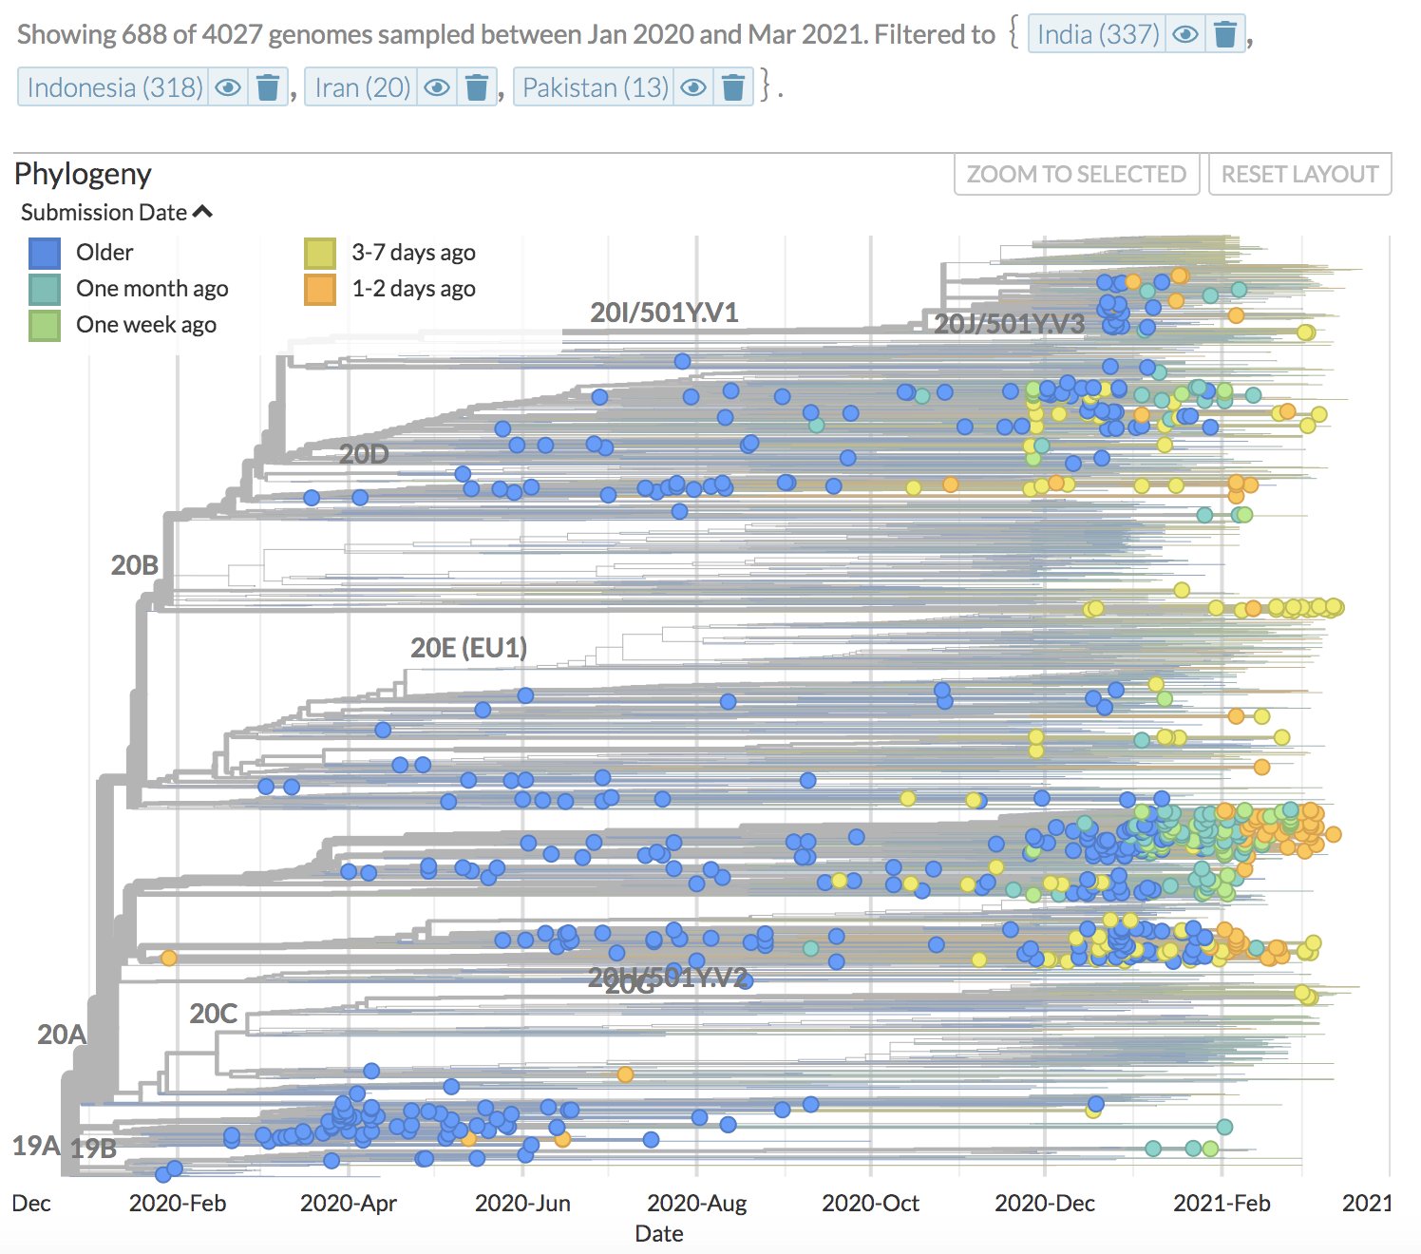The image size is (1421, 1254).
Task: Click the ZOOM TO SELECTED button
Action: [1076, 175]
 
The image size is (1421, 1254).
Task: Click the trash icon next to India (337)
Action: [1225, 35]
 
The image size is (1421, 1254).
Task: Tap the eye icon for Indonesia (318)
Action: [228, 88]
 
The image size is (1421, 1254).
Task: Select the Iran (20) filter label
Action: [362, 88]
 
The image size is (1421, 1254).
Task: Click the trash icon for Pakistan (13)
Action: [732, 88]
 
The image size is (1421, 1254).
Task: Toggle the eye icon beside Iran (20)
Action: [437, 88]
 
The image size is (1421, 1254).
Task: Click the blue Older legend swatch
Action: [45, 253]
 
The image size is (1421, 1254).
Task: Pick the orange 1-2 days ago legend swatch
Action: [320, 289]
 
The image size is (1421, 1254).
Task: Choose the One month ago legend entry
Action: [152, 289]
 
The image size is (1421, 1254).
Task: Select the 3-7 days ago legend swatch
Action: [320, 253]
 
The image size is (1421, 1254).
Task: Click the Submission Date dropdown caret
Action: [202, 213]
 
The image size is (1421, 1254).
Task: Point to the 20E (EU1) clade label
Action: [468, 648]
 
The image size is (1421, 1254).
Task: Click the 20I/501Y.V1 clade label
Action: [664, 313]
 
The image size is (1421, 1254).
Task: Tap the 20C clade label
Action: [213, 1014]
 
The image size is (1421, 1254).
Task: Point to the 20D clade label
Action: [364, 455]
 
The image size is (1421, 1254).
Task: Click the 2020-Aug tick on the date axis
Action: [696, 1204]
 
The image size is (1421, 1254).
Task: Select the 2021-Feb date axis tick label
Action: [1221, 1204]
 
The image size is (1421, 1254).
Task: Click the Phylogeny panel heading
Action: [83, 174]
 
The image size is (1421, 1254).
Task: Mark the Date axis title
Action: [658, 1234]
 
